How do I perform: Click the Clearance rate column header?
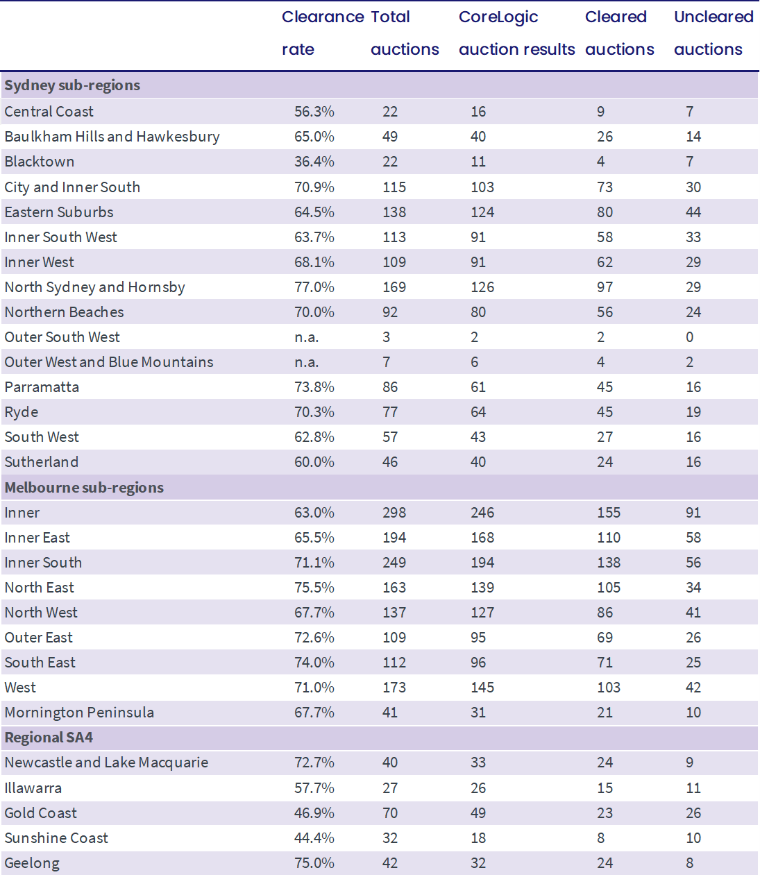[323, 33]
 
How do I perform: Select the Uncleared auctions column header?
[713, 33]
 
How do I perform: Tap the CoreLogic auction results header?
[516, 33]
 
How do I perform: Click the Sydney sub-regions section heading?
[72, 85]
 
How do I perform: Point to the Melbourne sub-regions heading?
[84, 488]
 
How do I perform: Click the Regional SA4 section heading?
[49, 738]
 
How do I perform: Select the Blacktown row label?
[40, 162]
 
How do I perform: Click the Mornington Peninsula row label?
[79, 713]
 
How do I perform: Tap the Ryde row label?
[22, 412]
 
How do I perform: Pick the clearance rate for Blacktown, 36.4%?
[314, 162]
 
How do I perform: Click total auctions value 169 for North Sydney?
[394, 287]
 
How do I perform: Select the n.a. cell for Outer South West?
[306, 337]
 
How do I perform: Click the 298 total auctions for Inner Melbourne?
[394, 513]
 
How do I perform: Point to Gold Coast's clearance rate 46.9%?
[314, 813]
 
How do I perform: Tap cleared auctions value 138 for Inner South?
[609, 563]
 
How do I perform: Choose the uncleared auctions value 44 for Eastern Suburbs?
[693, 212]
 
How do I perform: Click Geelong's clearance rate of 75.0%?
[314, 863]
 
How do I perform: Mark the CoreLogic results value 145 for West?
[482, 688]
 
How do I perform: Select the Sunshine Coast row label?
[56, 838]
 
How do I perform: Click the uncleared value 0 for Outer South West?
[690, 337]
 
